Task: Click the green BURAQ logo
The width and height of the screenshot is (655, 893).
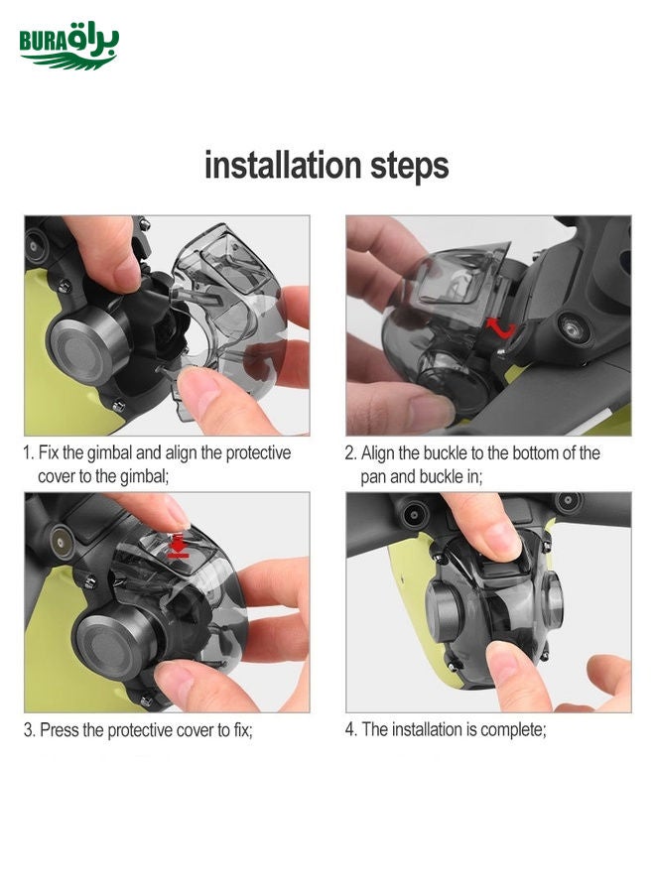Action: click(x=68, y=46)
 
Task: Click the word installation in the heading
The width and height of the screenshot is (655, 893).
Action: click(x=283, y=165)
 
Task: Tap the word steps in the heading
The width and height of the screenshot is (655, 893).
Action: click(x=410, y=167)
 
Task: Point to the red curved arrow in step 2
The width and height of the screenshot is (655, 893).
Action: click(x=500, y=328)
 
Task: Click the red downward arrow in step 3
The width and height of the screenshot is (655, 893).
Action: click(x=179, y=545)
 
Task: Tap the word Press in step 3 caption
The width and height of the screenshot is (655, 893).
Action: click(x=60, y=730)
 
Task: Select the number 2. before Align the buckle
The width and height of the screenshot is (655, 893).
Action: click(x=350, y=453)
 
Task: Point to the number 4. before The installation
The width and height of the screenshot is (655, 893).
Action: click(x=351, y=729)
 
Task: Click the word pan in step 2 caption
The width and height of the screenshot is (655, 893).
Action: click(x=373, y=477)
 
